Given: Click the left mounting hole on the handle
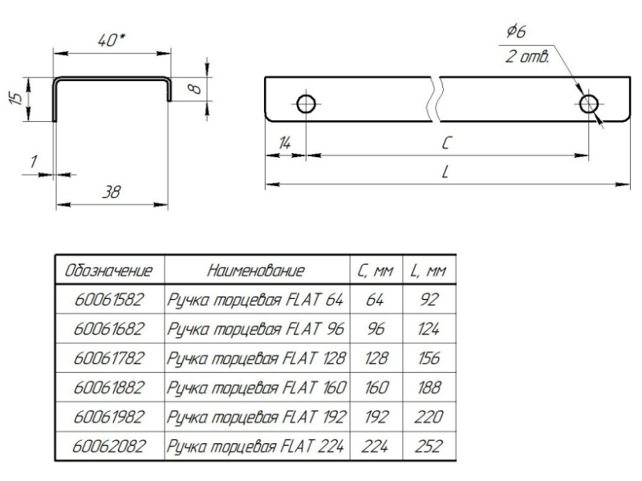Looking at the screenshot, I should (x=306, y=103).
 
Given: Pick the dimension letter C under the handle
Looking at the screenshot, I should (x=445, y=141).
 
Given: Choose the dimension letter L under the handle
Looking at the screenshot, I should (x=444, y=173).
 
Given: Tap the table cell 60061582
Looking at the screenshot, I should (x=108, y=301).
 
